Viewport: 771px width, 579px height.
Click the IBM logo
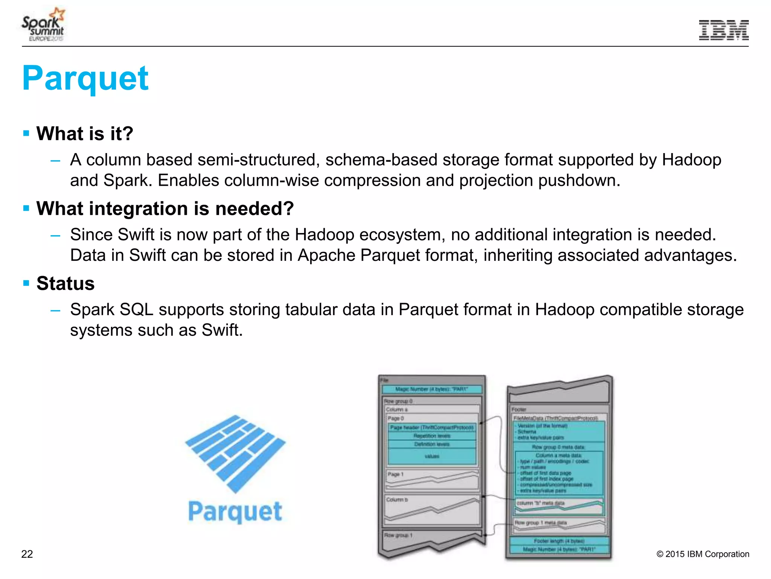724,30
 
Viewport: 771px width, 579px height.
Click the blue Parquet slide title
85,78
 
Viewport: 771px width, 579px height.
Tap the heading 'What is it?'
85,133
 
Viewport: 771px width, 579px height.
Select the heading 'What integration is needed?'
165,208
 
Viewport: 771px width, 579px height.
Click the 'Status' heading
66,283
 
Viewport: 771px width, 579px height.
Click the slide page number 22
27,554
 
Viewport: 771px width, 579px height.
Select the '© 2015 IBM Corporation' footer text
702,554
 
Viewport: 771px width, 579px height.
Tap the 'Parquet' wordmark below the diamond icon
235,512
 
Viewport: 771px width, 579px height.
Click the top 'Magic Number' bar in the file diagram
431,389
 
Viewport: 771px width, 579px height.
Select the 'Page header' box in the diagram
431,427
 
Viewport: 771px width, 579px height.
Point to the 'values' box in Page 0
432,456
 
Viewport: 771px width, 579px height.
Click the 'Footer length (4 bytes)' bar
559,541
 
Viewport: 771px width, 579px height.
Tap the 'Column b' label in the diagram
397,500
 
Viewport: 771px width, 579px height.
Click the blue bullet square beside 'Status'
26,283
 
